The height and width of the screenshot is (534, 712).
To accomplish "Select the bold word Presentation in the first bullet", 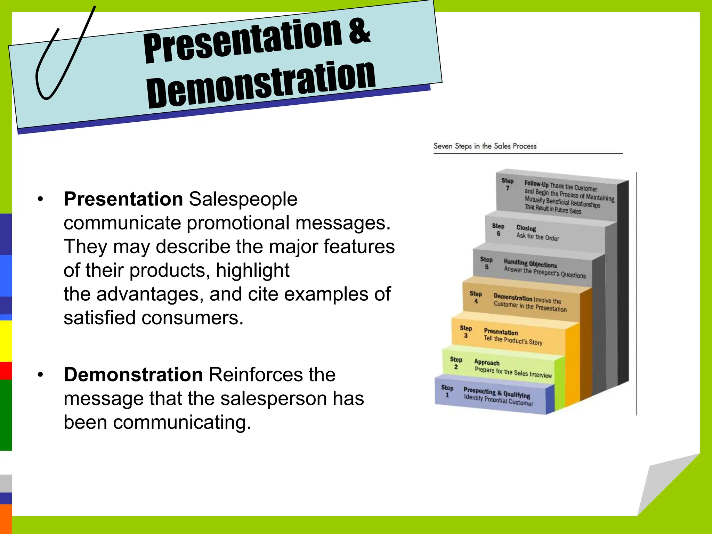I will pyautogui.click(x=123, y=199).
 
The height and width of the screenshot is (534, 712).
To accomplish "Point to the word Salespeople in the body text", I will pyautogui.click(x=243, y=199).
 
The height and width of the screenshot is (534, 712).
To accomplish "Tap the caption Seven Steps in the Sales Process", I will pyautogui.click(x=485, y=146).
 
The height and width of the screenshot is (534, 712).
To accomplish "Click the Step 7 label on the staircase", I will pyautogui.click(x=507, y=184).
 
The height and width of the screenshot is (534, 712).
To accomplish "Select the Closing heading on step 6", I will pyautogui.click(x=526, y=228).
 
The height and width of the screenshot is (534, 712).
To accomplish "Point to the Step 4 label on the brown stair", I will pyautogui.click(x=476, y=297).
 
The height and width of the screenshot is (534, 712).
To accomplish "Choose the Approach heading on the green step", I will pyautogui.click(x=487, y=362).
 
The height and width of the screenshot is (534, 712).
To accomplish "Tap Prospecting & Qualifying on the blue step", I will pyautogui.click(x=497, y=393).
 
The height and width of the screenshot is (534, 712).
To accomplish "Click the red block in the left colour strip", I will pyautogui.click(x=6, y=371).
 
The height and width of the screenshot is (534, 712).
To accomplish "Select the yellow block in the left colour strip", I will pyautogui.click(x=6, y=341).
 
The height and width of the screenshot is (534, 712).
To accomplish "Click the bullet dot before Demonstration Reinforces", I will pyautogui.click(x=41, y=375).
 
